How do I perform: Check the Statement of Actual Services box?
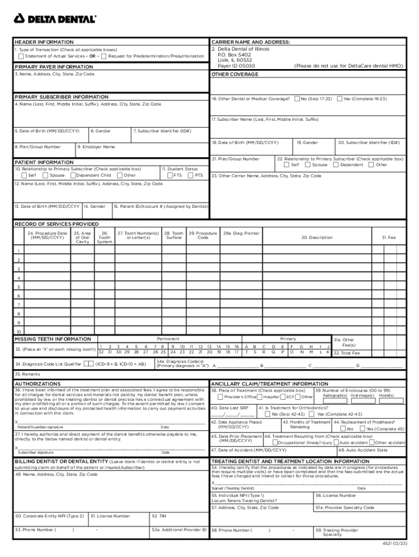(21, 56)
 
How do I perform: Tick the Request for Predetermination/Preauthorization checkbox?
(104, 56)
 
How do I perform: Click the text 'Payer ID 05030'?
(236, 66)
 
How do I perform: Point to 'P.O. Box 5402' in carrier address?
(234, 55)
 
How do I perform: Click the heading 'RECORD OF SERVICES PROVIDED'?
(57, 224)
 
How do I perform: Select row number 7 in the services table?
(19, 305)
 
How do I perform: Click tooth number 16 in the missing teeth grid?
(236, 346)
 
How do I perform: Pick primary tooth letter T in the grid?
(247, 352)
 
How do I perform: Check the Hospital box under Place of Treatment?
(261, 397)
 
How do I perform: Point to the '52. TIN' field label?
(159, 515)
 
